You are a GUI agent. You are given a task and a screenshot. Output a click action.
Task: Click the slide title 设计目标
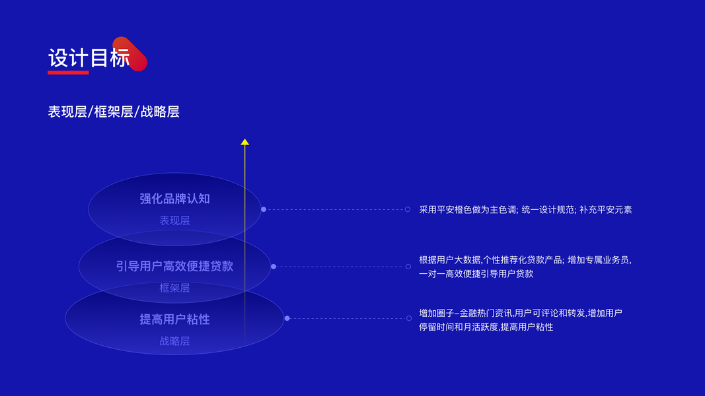pos(89,58)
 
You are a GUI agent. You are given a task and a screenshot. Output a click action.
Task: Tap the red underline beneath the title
pos(68,73)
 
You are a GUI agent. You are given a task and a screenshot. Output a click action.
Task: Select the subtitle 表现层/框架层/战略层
pos(114,112)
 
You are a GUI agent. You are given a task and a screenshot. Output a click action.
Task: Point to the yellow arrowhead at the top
pos(245,142)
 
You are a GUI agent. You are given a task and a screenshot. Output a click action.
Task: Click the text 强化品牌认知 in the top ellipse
pos(174,199)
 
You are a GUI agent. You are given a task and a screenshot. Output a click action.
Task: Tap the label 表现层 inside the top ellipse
pos(174,220)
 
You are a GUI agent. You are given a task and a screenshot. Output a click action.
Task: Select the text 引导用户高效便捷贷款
pos(174,266)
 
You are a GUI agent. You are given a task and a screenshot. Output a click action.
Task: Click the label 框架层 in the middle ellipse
pos(174,288)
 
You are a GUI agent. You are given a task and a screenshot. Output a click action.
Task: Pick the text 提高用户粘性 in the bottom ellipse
pos(174,319)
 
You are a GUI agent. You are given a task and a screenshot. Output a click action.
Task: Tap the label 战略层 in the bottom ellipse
pos(174,341)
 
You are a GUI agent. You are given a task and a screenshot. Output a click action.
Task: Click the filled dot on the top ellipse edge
pos(264,209)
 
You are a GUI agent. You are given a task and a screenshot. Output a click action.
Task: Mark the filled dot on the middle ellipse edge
pos(274,267)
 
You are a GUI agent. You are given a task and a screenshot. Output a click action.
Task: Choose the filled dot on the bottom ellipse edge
pos(287,318)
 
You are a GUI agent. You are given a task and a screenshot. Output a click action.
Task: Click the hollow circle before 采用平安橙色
pos(408,209)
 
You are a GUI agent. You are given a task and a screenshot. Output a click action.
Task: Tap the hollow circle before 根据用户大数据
pos(408,267)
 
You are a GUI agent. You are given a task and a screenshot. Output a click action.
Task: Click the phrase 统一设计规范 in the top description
pos(548,210)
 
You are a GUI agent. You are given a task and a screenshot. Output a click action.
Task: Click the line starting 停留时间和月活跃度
pos(486,327)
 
